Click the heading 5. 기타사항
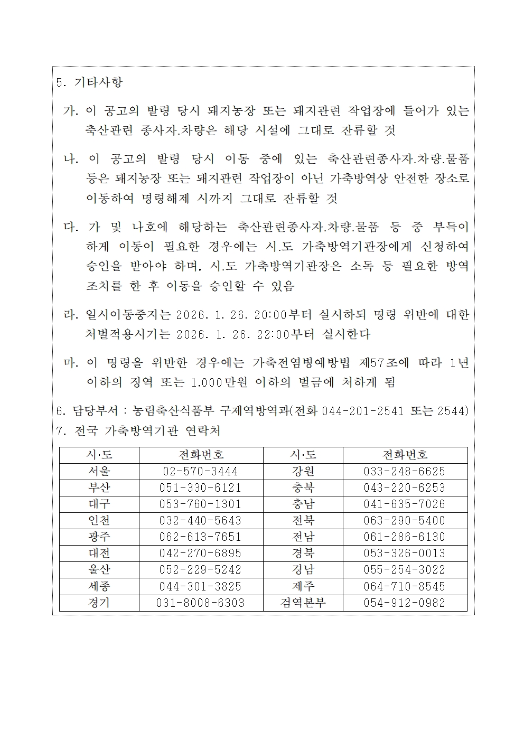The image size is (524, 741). [x=89, y=82]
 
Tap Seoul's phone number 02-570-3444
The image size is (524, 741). [x=201, y=471]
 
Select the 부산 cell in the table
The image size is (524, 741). [x=99, y=487]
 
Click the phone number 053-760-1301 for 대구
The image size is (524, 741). [x=201, y=504]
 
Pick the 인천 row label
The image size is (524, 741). [x=99, y=520]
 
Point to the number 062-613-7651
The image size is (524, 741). [x=201, y=537]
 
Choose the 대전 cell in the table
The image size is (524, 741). [x=99, y=553]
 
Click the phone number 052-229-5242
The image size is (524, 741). [x=201, y=569]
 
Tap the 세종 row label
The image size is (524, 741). [x=99, y=586]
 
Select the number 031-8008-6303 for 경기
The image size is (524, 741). [x=201, y=603]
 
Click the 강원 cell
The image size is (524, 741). [x=303, y=471]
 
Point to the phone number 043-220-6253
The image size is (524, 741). [x=405, y=487]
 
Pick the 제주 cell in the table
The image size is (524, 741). [x=303, y=586]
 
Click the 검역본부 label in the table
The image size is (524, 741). [x=303, y=603]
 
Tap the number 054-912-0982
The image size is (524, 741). [x=405, y=603]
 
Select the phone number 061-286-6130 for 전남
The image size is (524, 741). [x=405, y=537]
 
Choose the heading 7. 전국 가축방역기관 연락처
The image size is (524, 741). [x=138, y=431]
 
